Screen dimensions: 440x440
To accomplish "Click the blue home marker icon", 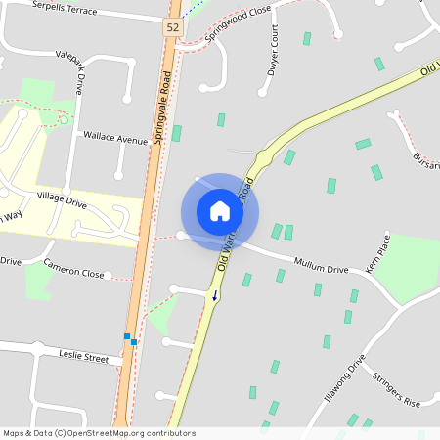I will click(x=220, y=211).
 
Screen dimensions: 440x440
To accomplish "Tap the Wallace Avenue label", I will click(x=115, y=139).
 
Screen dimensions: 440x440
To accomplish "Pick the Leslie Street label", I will click(x=83, y=357).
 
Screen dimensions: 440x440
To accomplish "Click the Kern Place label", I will click(x=377, y=253).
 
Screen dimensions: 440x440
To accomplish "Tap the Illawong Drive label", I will click(x=345, y=382).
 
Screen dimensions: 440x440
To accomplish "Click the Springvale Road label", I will click(x=160, y=108).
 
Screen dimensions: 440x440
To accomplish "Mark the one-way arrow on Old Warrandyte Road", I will click(x=215, y=292).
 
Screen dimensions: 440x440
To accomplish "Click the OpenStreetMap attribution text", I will click(x=99, y=433).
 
